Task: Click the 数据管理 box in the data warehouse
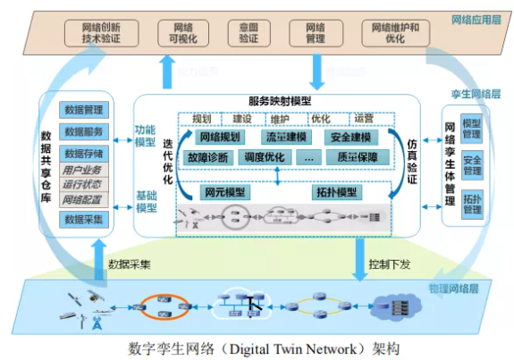coord(82,110)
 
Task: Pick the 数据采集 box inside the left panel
coord(82,219)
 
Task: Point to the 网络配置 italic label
coord(82,200)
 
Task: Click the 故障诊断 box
coord(207,157)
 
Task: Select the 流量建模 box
coord(285,138)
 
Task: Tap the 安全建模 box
coord(350,138)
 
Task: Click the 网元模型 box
coord(223,192)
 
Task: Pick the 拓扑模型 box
coord(335,192)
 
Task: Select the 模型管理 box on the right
coord(471,129)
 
